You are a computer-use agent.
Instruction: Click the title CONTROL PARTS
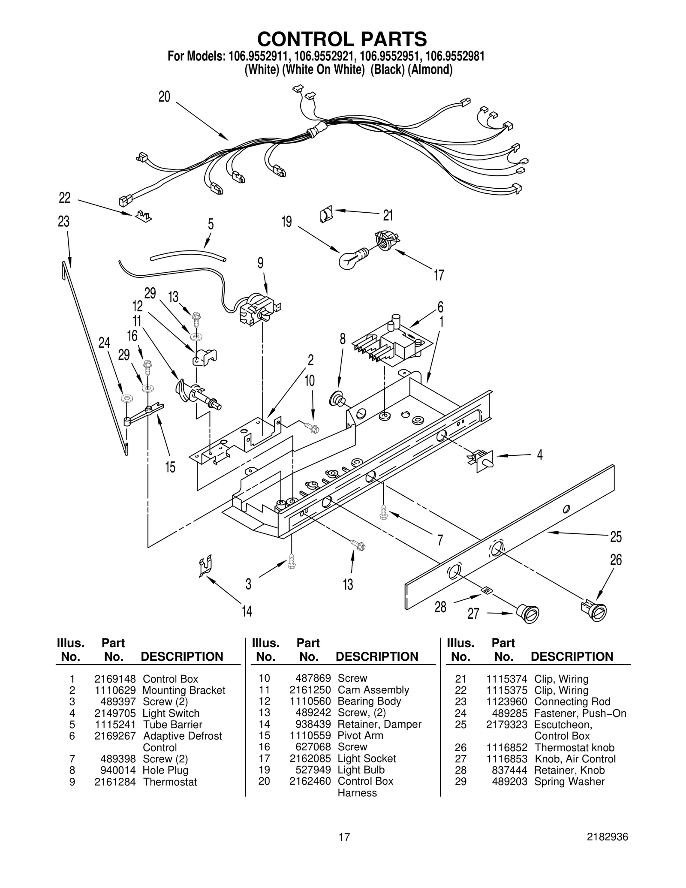[x=342, y=39]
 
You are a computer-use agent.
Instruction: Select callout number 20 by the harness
[x=164, y=97]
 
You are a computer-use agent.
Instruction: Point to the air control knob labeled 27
[x=527, y=613]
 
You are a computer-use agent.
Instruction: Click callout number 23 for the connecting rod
[x=63, y=222]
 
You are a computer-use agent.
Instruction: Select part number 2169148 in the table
[x=115, y=679]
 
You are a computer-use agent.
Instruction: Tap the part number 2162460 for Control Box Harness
[x=310, y=781]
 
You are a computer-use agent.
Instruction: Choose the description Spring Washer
[x=569, y=781]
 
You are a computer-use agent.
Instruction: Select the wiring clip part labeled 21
[x=326, y=214]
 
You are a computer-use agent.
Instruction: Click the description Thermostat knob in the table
[x=574, y=747]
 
